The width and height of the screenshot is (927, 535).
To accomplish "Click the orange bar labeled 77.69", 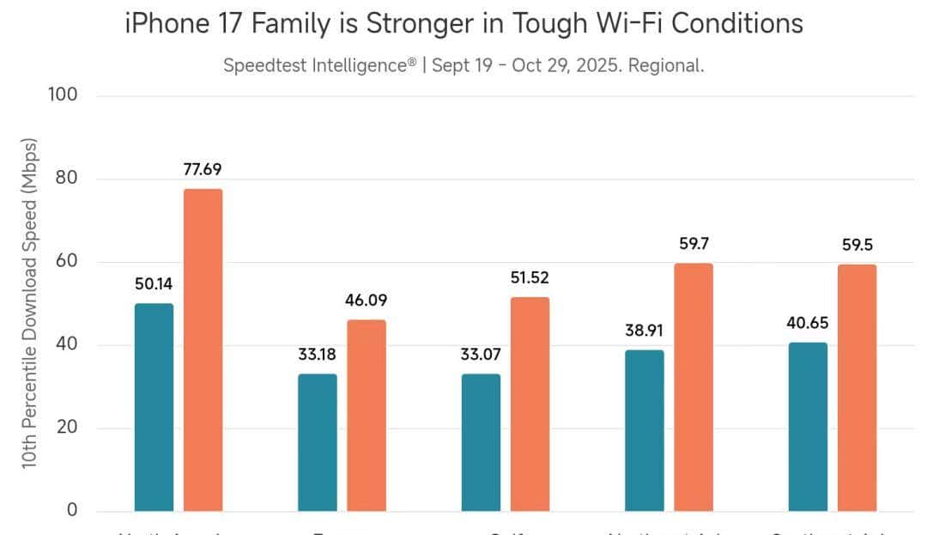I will coord(203,350).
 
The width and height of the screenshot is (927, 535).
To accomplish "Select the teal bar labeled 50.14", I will coord(154,407).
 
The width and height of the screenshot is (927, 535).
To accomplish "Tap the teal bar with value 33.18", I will coord(318,442).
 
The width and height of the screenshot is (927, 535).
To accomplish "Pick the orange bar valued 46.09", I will coord(367,416).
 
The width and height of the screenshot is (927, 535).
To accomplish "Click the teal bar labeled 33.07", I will coord(481,442).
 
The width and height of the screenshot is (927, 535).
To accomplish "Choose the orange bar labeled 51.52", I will coord(530,404).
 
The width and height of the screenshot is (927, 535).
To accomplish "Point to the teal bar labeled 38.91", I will coord(645,430).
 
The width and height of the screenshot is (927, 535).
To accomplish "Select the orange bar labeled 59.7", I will coord(694,386).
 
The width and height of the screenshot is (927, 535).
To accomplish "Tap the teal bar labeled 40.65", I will coord(808,427).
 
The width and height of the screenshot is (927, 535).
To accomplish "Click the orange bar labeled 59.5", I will coord(857,387).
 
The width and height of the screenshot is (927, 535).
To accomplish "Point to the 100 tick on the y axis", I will coord(61,94).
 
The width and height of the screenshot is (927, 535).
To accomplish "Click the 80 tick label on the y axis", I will coord(66,179).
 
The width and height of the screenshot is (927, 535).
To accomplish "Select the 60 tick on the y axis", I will coord(66,261).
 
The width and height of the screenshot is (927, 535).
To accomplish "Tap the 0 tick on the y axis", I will coord(72,510).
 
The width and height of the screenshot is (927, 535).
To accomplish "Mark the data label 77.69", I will coord(203,169).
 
